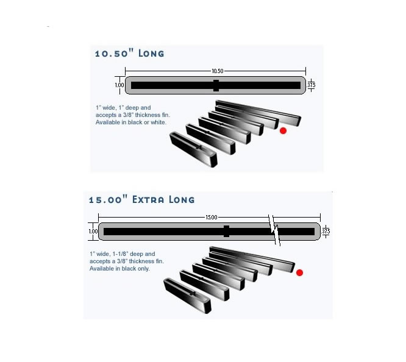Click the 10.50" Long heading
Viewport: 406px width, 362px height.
[x=129, y=53]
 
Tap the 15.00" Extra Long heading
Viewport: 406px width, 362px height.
[x=141, y=199]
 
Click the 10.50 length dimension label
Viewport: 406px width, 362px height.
[x=217, y=71]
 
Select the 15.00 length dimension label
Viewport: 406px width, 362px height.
[x=212, y=217]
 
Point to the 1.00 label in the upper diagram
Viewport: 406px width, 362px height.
[x=119, y=85]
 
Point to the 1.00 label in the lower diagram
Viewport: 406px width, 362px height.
[x=93, y=231]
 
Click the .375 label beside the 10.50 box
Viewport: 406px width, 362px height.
[x=311, y=85]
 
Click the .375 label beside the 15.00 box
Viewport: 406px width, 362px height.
[x=326, y=231]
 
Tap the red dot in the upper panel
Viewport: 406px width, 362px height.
[x=283, y=131]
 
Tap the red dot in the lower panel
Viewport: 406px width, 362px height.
[x=299, y=272]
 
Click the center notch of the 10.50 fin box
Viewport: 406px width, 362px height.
[x=216, y=85]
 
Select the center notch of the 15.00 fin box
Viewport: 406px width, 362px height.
[x=226, y=231]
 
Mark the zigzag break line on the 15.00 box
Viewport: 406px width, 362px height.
[x=274, y=230]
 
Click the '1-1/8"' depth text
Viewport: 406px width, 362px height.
[x=121, y=254]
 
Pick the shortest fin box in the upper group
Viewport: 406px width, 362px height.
[x=193, y=149]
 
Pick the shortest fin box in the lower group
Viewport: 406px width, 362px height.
[x=187, y=296]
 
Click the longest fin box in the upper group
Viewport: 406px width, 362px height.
[x=258, y=113]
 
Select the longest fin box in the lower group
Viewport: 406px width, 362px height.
[x=252, y=259]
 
